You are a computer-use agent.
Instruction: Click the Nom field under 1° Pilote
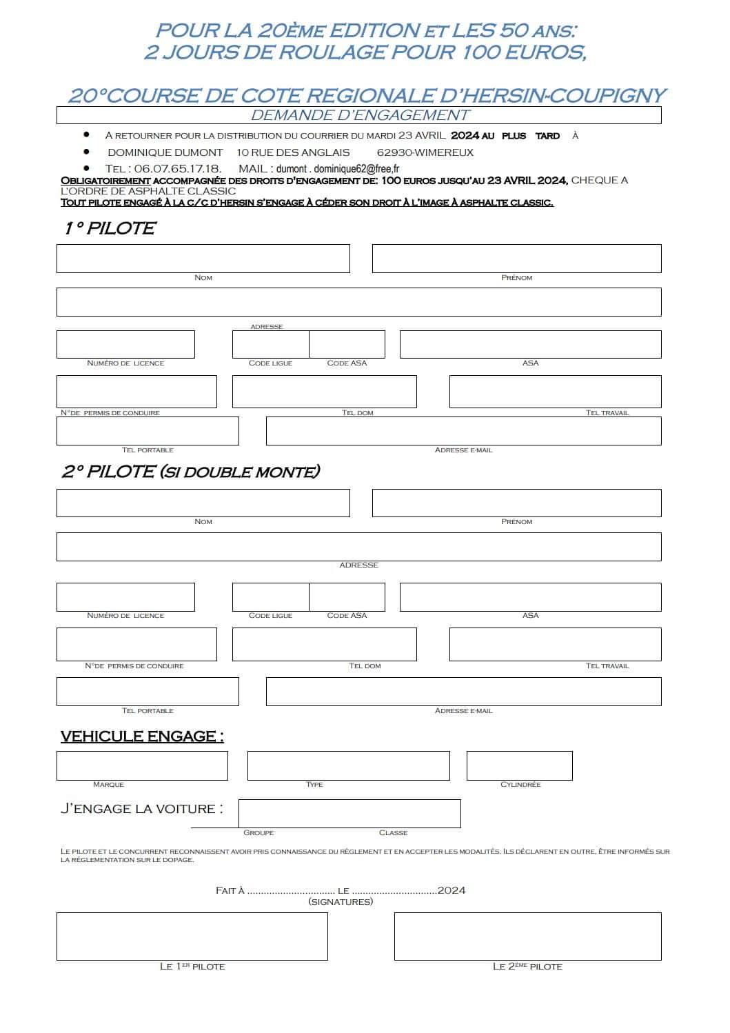click(203, 258)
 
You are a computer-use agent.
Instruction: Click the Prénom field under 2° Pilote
click(516, 503)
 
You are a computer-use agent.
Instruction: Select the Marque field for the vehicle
click(142, 765)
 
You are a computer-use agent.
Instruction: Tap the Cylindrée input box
click(519, 765)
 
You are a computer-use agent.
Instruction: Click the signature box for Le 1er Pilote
click(192, 936)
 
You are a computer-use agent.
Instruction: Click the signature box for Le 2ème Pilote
click(527, 936)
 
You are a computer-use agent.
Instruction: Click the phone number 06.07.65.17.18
click(177, 169)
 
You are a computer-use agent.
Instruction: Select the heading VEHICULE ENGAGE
click(142, 736)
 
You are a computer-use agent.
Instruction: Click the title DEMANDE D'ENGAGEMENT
click(359, 115)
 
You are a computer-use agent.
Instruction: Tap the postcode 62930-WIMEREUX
click(425, 152)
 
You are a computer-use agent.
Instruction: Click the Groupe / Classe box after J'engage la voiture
click(349, 813)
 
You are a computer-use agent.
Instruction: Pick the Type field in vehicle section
click(348, 765)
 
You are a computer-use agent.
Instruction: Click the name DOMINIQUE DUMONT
click(165, 152)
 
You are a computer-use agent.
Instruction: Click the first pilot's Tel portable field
click(148, 431)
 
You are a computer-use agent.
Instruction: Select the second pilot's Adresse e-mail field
click(463, 692)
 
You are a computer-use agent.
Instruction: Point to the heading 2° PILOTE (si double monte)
click(191, 472)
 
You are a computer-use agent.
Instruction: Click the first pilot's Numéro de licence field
click(125, 344)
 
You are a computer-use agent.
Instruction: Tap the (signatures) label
click(341, 901)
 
